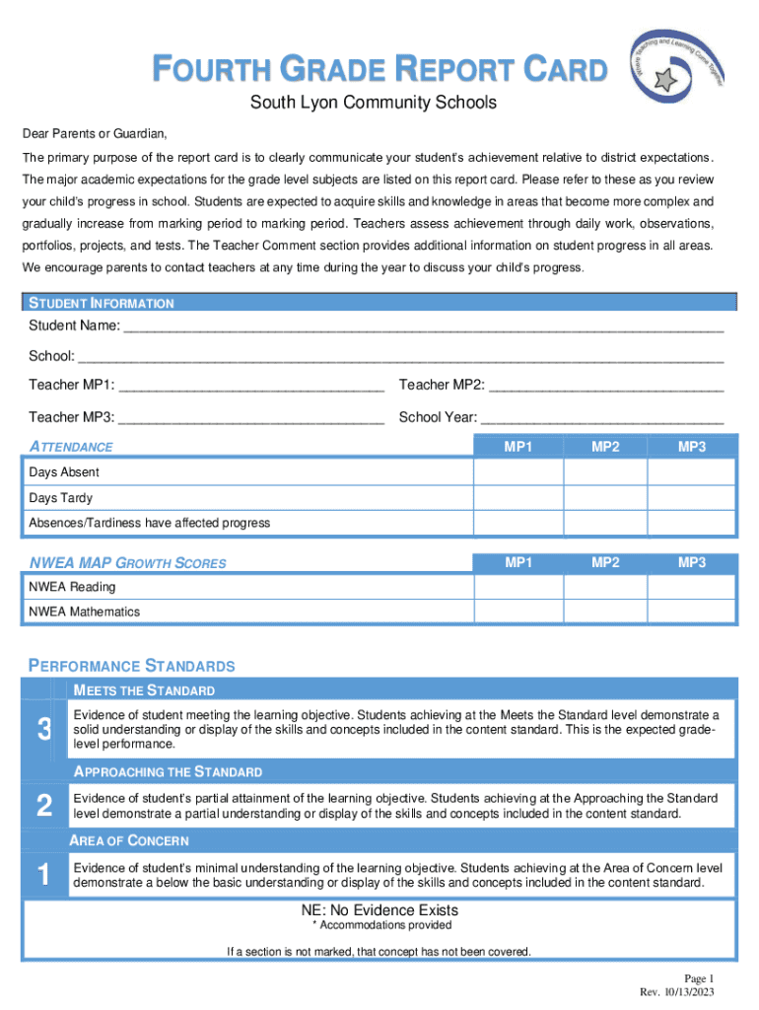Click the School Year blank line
[x=600, y=418]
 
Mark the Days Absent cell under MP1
[x=518, y=472]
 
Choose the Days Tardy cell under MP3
[x=692, y=498]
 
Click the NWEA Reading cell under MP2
[x=605, y=587]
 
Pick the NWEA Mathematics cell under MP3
[x=692, y=612]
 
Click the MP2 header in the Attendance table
[x=605, y=448]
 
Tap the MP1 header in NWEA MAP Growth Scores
[x=518, y=563]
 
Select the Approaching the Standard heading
[x=168, y=771]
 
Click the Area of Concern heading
[x=129, y=841]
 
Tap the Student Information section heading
[x=102, y=304]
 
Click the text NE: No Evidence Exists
[x=379, y=910]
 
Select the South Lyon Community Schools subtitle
[x=373, y=103]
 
